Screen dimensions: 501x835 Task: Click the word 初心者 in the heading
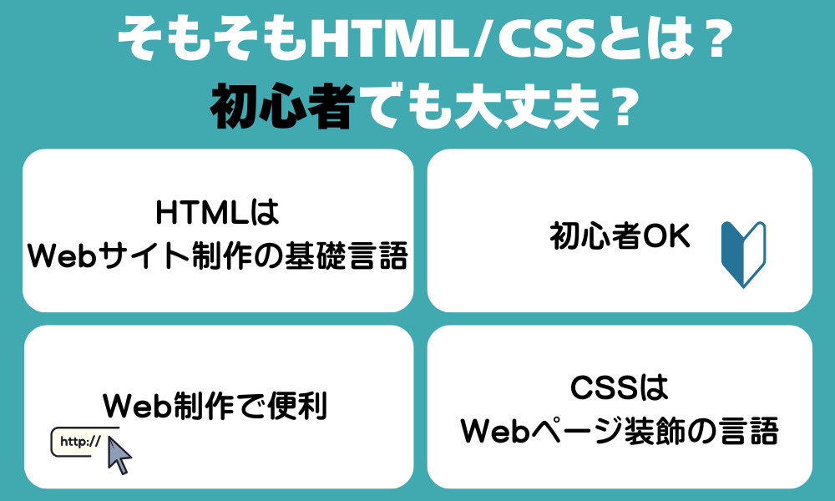[281, 106]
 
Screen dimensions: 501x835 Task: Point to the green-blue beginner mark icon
[743, 254]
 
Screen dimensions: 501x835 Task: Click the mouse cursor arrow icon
[120, 453]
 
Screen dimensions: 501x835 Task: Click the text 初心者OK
[620, 237]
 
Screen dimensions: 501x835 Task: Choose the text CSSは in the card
[620, 388]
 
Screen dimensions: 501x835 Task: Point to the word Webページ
[539, 432]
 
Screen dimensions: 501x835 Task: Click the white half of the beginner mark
[755, 250]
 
